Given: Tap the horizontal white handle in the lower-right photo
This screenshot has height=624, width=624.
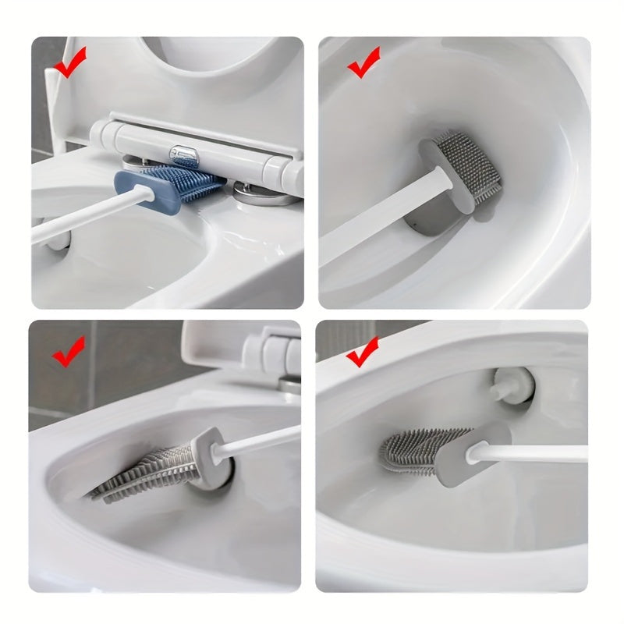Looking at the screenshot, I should point(538,453).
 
